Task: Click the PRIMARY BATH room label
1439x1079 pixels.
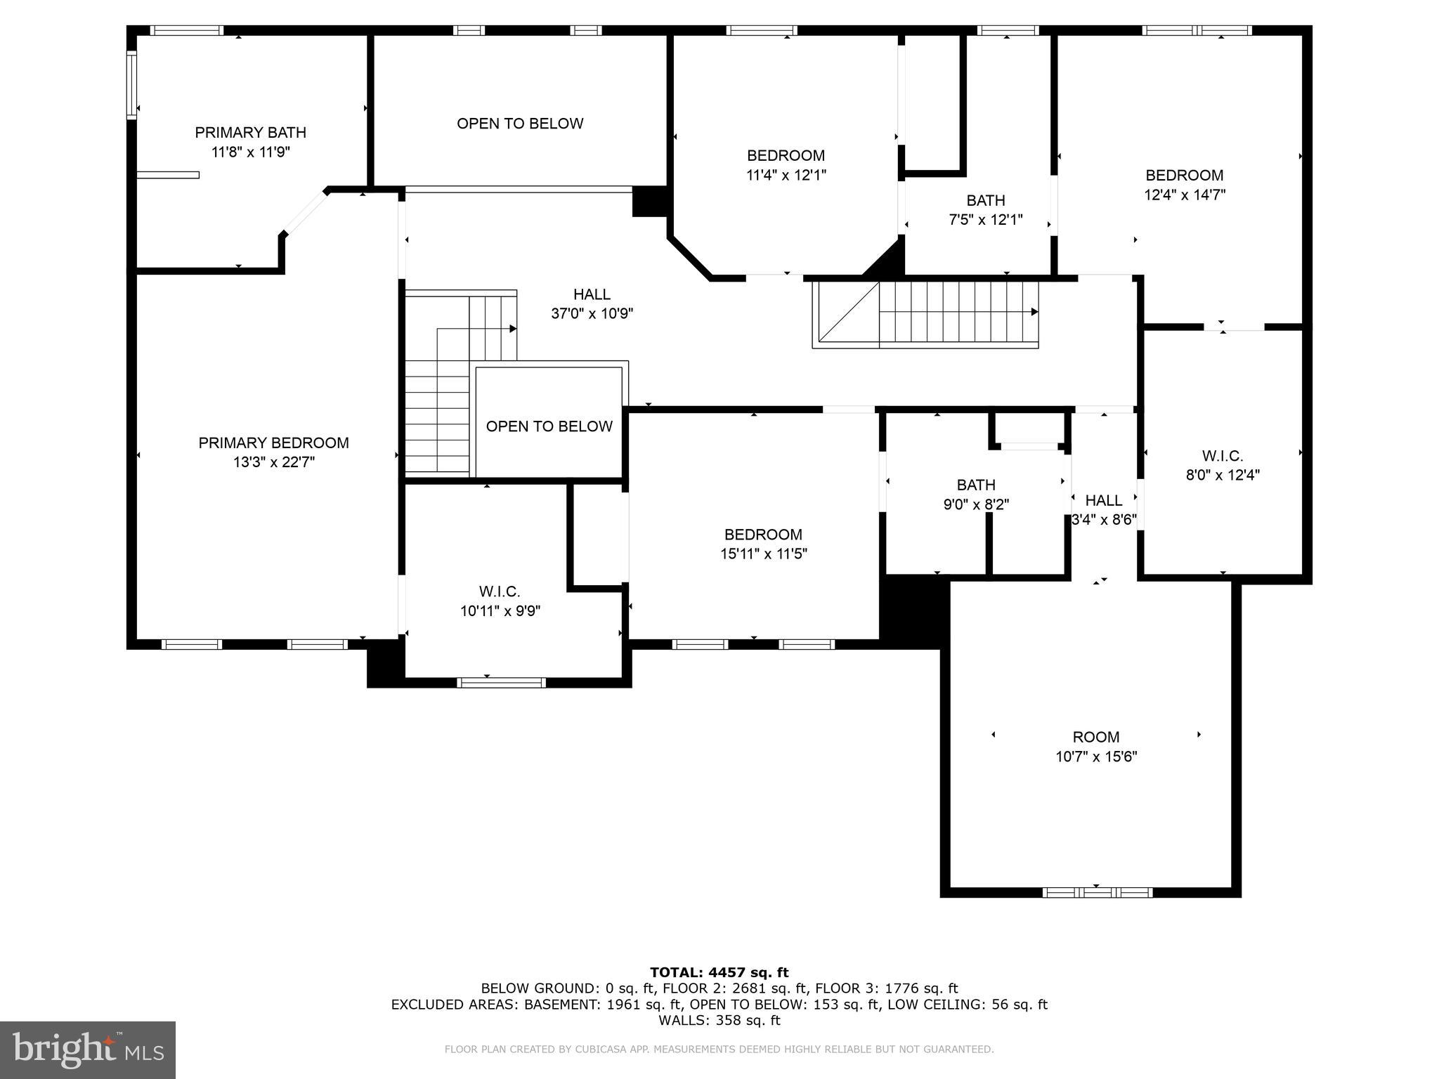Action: coord(250,133)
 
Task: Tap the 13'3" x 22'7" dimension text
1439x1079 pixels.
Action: coord(274,462)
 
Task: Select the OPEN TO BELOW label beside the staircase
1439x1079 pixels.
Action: coord(549,426)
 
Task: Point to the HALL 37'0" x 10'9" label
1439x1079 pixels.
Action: coord(592,304)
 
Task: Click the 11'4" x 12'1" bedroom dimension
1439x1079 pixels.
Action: coord(786,175)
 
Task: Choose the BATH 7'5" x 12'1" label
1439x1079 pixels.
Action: coord(985,210)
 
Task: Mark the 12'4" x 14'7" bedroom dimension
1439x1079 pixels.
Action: coord(1184,195)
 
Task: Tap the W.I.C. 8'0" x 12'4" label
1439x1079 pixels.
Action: coord(1223,465)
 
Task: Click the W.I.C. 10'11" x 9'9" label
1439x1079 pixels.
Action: coord(500,601)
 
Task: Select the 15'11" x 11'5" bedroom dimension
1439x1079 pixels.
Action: coord(763,554)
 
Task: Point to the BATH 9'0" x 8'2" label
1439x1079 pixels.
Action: coord(976,495)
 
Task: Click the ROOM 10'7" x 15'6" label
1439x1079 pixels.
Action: coord(1095,747)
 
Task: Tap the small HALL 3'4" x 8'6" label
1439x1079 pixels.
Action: coord(1103,510)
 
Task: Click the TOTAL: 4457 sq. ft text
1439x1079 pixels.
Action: coord(719,972)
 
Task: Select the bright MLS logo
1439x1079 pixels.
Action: coord(88,1049)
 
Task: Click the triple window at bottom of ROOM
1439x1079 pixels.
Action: coord(1097,893)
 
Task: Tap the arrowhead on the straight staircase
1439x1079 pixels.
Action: coord(1034,312)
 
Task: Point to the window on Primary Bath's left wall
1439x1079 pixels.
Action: coord(131,84)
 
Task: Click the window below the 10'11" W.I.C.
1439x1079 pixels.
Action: coord(501,682)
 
